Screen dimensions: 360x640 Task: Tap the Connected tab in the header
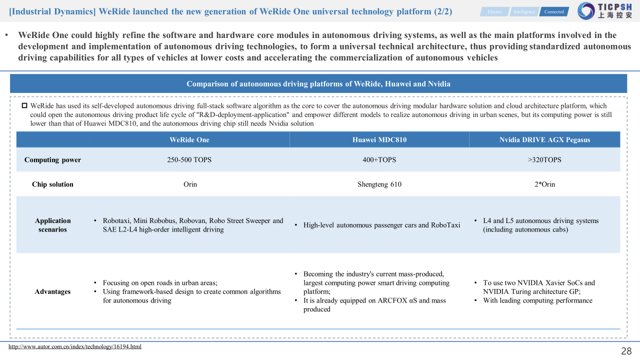click(x=554, y=11)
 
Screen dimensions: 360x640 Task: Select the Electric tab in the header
click(x=494, y=11)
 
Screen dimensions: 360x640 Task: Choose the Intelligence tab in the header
click(x=524, y=11)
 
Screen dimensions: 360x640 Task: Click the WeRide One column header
click(x=189, y=139)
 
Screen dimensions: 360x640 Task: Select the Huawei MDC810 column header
click(x=379, y=139)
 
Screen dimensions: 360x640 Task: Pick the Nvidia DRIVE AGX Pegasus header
click(x=544, y=139)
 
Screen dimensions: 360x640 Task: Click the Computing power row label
click(x=52, y=160)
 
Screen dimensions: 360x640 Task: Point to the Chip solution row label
click(x=52, y=184)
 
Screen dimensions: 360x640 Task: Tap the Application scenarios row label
click(x=52, y=225)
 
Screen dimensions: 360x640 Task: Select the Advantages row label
click(x=52, y=291)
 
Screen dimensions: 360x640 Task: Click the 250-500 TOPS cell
click(x=189, y=160)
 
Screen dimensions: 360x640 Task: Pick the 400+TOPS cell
click(x=379, y=160)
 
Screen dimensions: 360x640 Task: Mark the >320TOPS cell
click(x=544, y=160)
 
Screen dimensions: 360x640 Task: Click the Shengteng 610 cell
click(x=379, y=184)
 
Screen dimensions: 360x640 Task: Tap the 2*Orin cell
click(x=544, y=184)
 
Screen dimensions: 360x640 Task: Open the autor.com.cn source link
click(x=75, y=346)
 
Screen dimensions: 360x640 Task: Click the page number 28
click(x=626, y=351)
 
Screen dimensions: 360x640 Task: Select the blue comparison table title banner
click(x=318, y=84)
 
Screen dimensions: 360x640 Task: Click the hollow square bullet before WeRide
click(x=24, y=106)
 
